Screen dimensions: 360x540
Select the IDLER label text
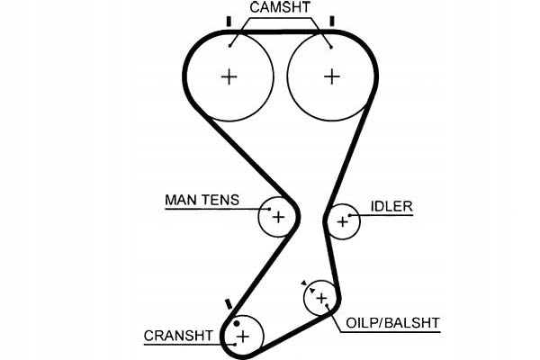[x=391, y=207]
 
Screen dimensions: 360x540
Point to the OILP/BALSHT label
[x=392, y=320]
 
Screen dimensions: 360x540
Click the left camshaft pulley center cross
[x=229, y=76]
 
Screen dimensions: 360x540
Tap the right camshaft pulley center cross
[x=332, y=76]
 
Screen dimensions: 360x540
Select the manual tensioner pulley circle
[x=278, y=216]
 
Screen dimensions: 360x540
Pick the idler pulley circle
[x=342, y=220]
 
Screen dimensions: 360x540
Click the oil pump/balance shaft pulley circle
[x=320, y=298]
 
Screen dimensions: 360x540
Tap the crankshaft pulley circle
[x=242, y=337]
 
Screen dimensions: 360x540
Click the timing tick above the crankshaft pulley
[x=228, y=301]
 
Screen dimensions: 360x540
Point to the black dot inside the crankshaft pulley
[x=236, y=321]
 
